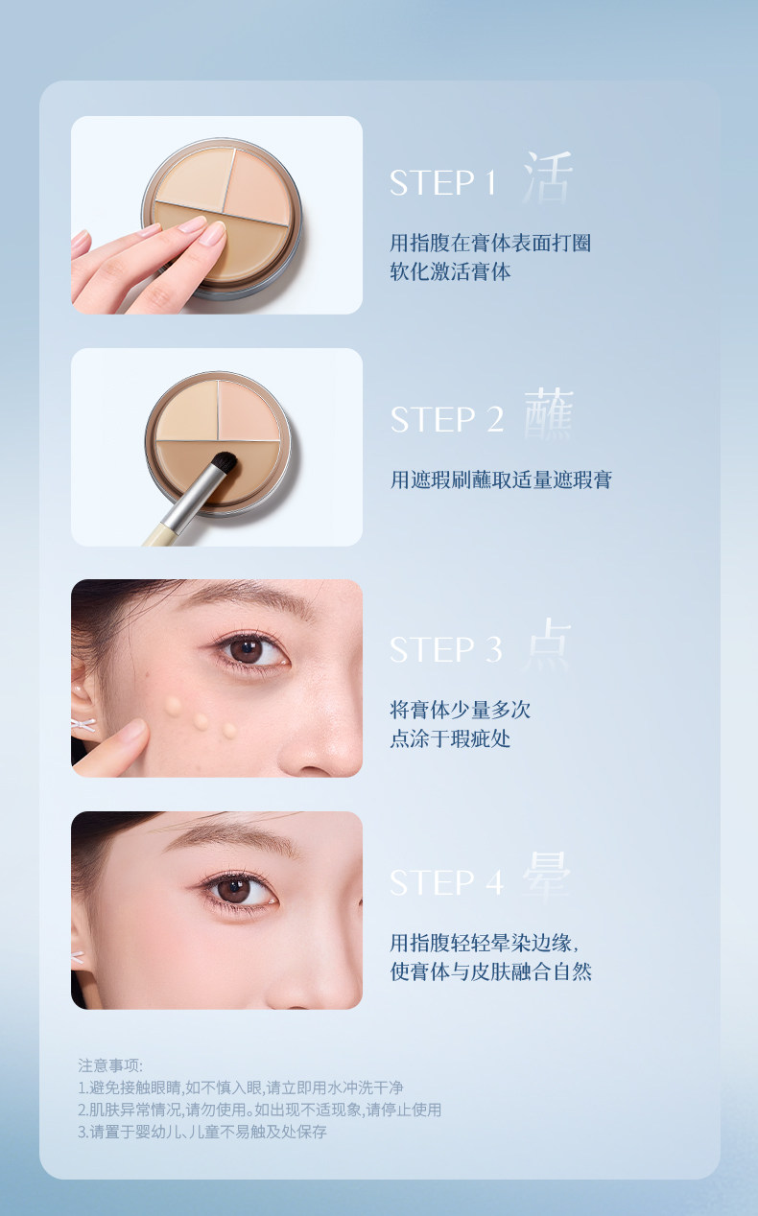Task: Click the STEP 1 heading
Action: click(442, 182)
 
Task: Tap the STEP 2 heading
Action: click(447, 420)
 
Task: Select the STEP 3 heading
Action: click(446, 649)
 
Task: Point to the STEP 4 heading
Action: click(447, 882)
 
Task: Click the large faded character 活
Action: click(548, 177)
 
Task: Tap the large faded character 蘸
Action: click(549, 413)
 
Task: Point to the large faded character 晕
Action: click(547, 877)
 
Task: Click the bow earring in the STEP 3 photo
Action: click(83, 724)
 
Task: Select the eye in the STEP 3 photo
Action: click(249, 651)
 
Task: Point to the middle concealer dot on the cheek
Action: click(201, 721)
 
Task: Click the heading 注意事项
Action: click(110, 1065)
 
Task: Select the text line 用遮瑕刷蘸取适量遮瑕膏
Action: click(501, 479)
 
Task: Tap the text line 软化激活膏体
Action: click(451, 271)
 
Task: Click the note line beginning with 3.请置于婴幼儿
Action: click(202, 1132)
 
